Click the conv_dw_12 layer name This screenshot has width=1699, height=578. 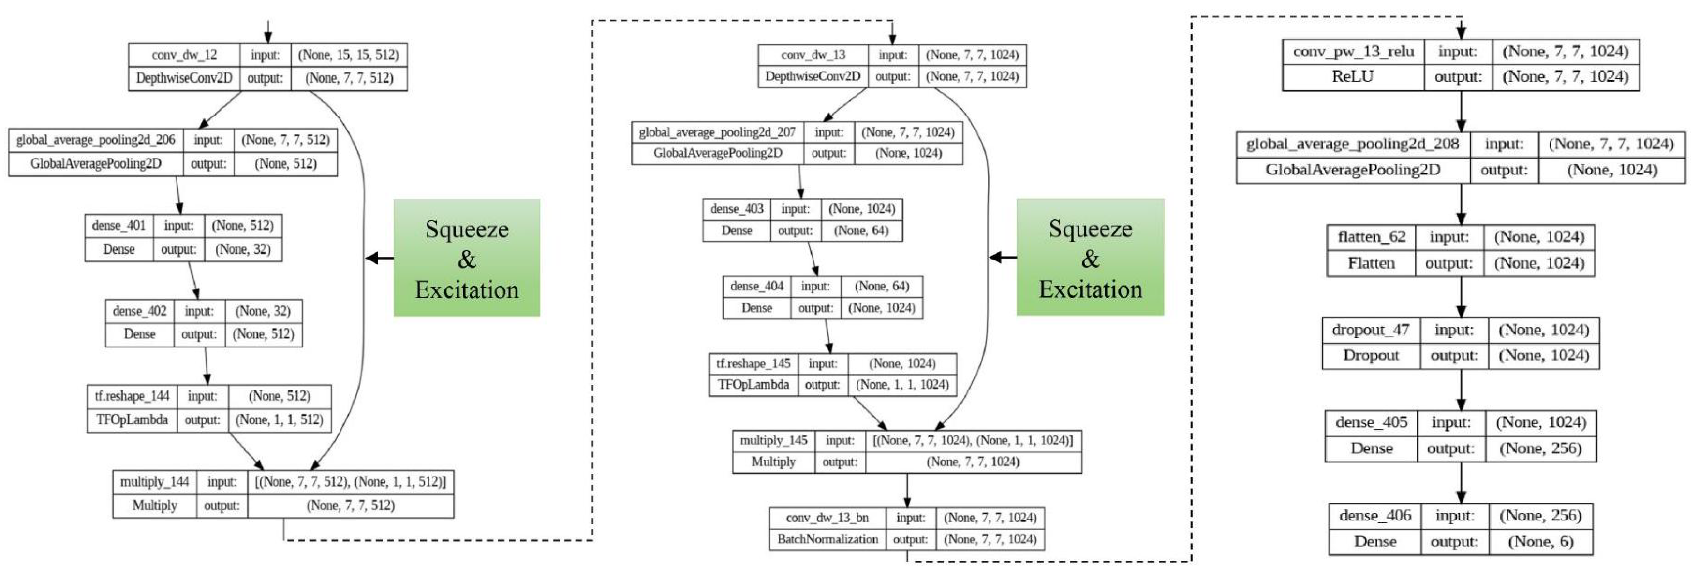(x=184, y=55)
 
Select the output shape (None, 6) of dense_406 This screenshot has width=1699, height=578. (x=1540, y=542)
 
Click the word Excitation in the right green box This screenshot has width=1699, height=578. (x=1090, y=289)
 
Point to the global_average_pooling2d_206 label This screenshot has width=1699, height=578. (x=96, y=140)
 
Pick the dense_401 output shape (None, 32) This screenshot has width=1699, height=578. (x=243, y=249)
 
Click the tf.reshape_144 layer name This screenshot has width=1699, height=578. (x=132, y=396)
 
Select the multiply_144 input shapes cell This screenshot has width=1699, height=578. (x=350, y=482)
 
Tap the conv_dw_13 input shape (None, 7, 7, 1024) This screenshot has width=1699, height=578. (x=972, y=55)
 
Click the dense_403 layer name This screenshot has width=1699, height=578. (x=737, y=209)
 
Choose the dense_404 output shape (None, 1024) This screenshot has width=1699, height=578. (x=881, y=308)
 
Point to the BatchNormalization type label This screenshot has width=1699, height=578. (x=827, y=539)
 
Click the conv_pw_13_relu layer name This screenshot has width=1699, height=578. (x=1353, y=51)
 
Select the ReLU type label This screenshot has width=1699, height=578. (x=1353, y=76)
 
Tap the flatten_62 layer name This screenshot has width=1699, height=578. (x=1371, y=237)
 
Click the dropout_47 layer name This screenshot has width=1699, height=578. (x=1371, y=330)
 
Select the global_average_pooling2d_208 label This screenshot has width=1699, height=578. (x=1352, y=144)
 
